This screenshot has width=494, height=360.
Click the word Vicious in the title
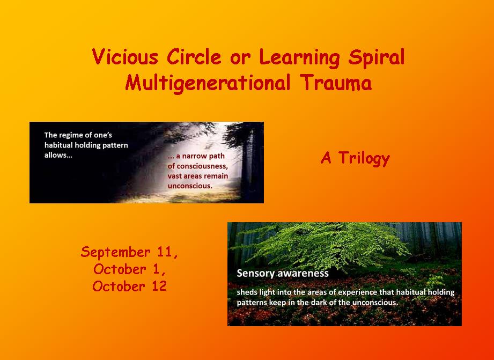pos(125,57)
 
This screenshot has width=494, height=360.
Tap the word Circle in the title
pos(194,57)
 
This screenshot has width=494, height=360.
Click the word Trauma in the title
pos(336,83)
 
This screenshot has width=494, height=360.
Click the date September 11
pos(129,252)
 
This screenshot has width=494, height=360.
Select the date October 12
pos(129,286)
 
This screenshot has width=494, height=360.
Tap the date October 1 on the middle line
pos(129,269)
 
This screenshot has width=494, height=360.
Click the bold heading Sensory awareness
pos(283,273)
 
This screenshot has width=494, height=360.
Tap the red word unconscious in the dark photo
pos(190,186)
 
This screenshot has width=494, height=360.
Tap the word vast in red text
pos(174,176)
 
